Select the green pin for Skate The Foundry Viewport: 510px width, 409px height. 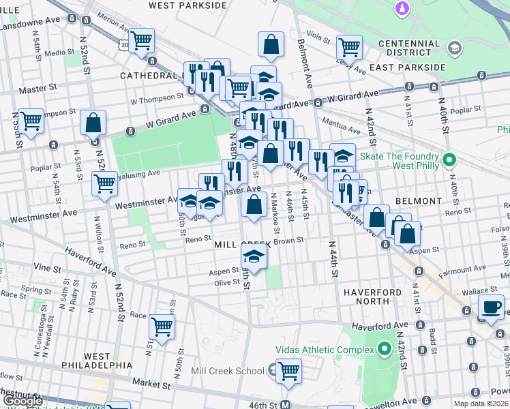pos(449,161)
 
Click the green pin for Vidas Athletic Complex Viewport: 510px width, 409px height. pos(384,350)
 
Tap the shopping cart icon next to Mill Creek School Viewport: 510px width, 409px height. pos(289,371)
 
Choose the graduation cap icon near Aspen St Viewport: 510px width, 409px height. pos(254,257)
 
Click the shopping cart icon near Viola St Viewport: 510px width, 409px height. pos(349,47)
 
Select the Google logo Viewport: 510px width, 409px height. pos(22,402)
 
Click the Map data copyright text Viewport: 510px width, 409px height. pos(481,404)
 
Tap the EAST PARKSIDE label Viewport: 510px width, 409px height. pos(408,67)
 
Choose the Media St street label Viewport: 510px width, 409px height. pos(59,52)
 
